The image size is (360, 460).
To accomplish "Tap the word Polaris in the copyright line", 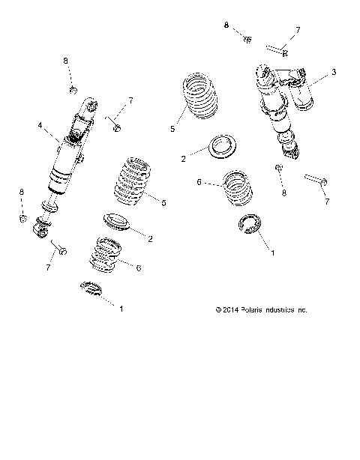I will click(x=237, y=309).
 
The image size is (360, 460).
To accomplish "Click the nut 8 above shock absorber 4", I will click(x=73, y=91).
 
